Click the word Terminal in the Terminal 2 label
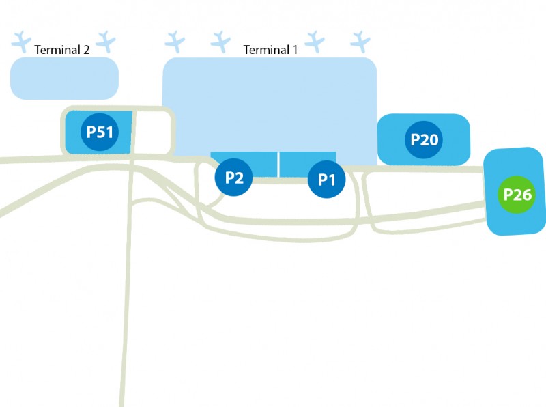pyautogui.click(x=57, y=49)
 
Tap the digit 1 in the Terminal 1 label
pyautogui.click(x=295, y=50)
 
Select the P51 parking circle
pyautogui.click(x=100, y=132)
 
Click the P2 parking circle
pyautogui.click(x=234, y=178)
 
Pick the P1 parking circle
pyautogui.click(x=326, y=180)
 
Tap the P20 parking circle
pyautogui.click(x=424, y=140)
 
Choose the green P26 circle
pyautogui.click(x=517, y=195)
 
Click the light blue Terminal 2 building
pyautogui.click(x=64, y=78)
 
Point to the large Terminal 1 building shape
pyautogui.click(x=269, y=102)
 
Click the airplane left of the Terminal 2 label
pyautogui.click(x=23, y=41)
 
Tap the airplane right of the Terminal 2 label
pyautogui.click(x=106, y=41)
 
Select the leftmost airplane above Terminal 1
pyautogui.click(x=175, y=41)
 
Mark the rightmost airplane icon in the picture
pyautogui.click(x=360, y=41)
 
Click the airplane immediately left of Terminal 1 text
pyautogui.click(x=220, y=41)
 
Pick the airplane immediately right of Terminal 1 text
pyautogui.click(x=315, y=41)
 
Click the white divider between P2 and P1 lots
pyautogui.click(x=278, y=164)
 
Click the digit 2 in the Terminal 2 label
pyautogui.click(x=86, y=49)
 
